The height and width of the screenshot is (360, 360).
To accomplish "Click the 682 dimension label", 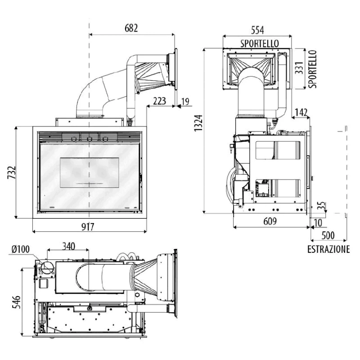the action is point(131,28).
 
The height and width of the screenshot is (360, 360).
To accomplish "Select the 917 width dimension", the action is point(88,227).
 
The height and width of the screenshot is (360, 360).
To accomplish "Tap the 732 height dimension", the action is point(12,172).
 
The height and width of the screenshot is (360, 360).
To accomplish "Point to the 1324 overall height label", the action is point(198,123).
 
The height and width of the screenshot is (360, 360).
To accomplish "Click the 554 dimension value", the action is point(257,30).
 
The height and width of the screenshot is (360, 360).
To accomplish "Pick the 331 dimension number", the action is point(299,68).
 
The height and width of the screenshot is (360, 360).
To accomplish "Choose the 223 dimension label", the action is point(159,101).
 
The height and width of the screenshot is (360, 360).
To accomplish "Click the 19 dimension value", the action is point(185,101).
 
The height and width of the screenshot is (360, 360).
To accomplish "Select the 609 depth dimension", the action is point(270,221).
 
